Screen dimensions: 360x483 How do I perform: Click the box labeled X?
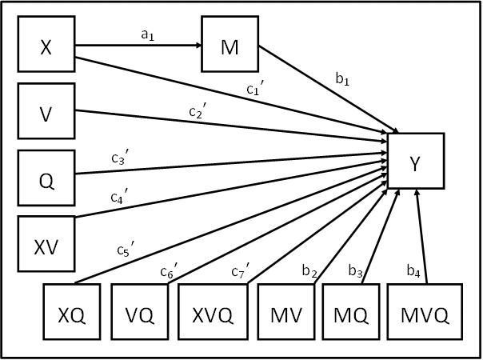(x=46, y=46)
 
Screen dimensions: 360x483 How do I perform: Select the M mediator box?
(x=230, y=46)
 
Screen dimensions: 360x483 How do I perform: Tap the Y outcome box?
(x=415, y=163)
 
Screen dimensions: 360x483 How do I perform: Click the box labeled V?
(x=46, y=110)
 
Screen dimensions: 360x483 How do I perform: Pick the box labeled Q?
(x=46, y=177)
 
